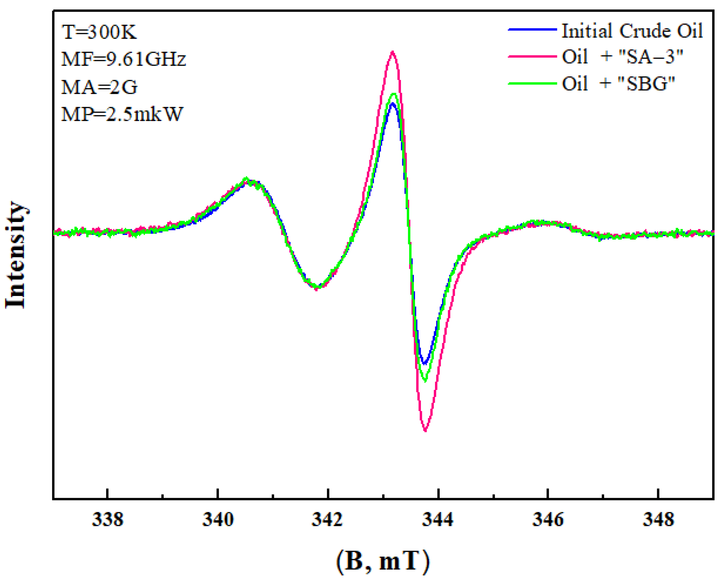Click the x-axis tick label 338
click(108, 520)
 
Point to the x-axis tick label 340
click(218, 520)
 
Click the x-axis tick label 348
click(658, 520)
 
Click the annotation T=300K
click(99, 32)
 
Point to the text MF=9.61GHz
click(123, 59)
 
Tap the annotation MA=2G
click(99, 87)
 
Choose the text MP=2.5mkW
click(122, 114)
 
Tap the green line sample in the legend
click(532, 83)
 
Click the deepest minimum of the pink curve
click(425, 430)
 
